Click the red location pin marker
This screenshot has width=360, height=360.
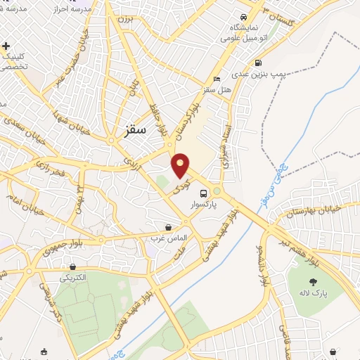181,165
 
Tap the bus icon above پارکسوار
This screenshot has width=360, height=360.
203,193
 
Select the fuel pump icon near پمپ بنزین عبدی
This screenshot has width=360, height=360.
259,62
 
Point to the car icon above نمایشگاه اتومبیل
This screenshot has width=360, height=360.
243,17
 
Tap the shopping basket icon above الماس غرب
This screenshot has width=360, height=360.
168,227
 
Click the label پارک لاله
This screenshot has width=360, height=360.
304,292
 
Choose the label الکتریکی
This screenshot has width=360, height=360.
73,277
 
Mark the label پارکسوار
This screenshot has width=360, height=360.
203,205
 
